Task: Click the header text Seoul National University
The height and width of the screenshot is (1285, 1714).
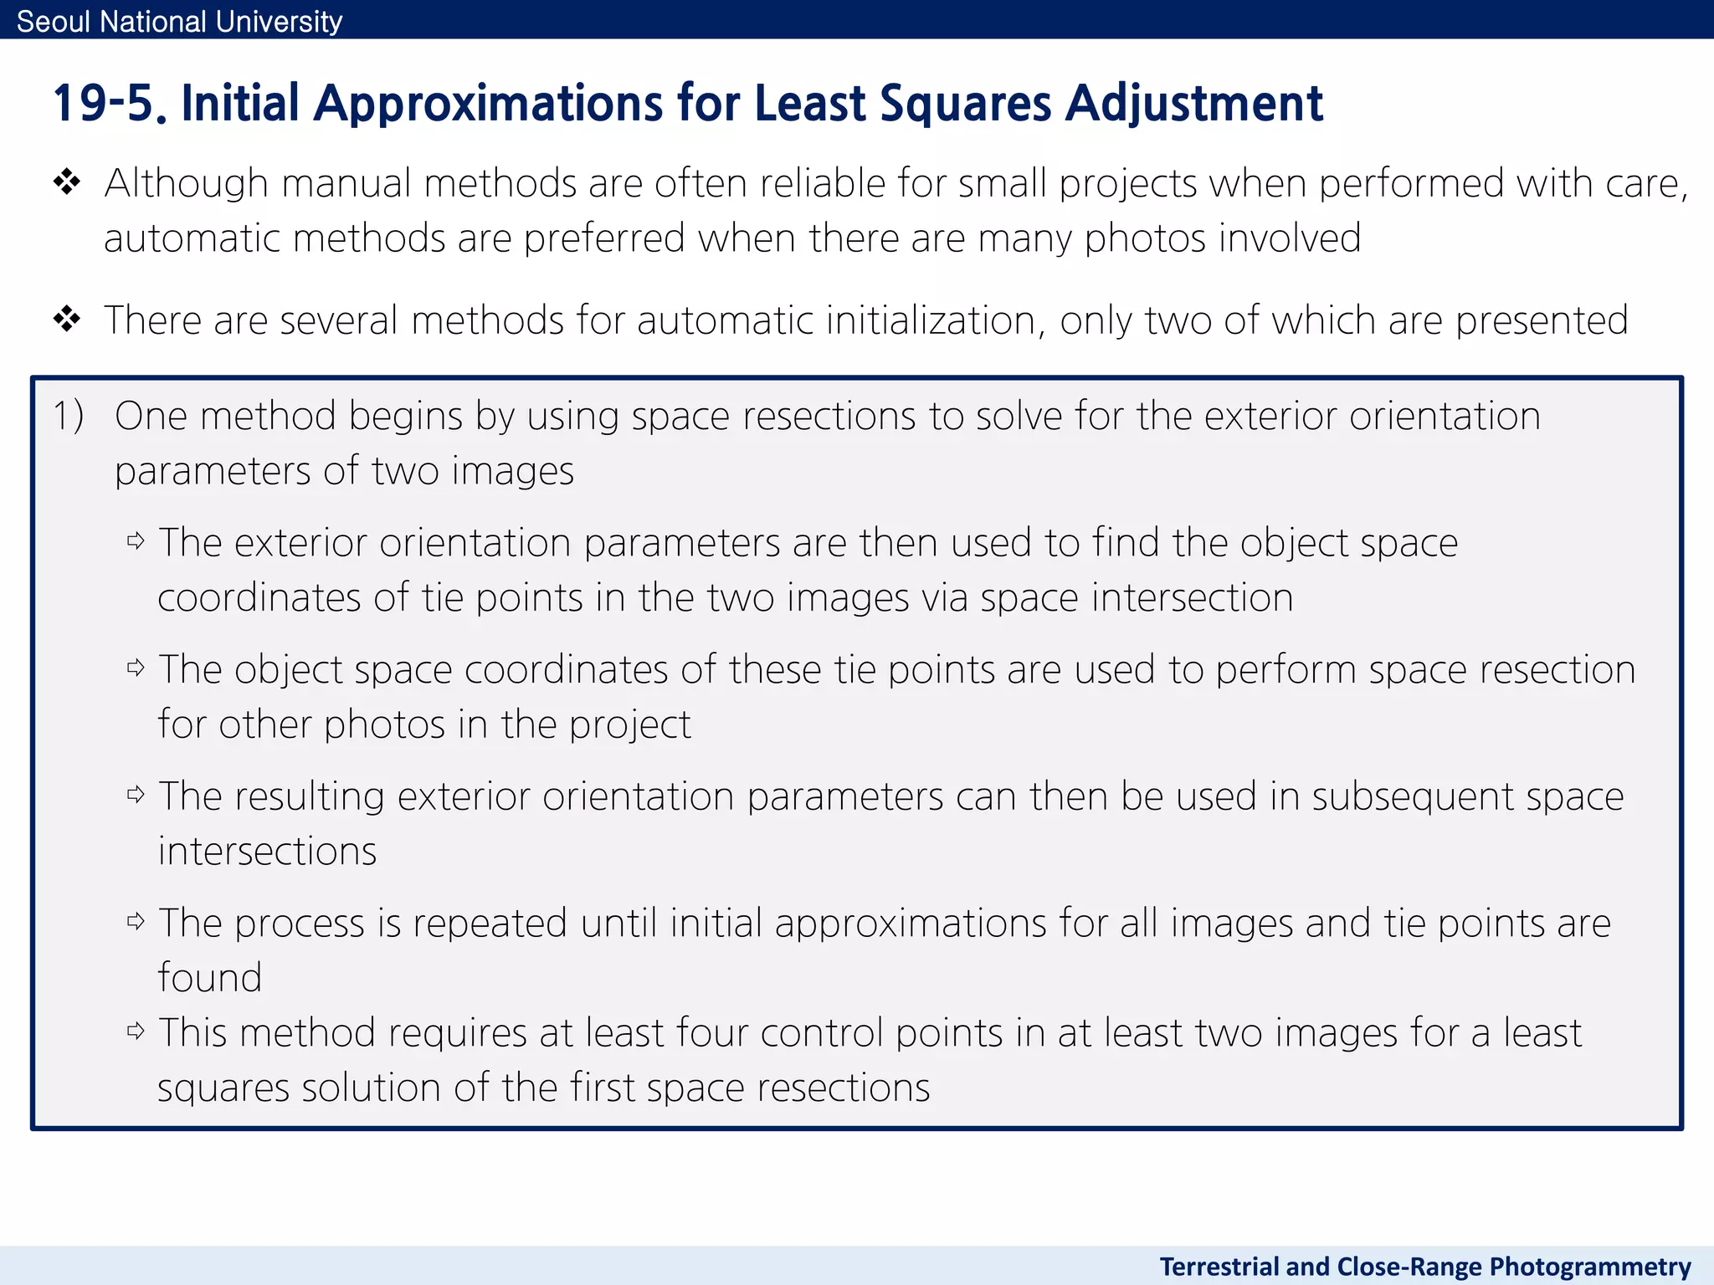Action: pos(179,21)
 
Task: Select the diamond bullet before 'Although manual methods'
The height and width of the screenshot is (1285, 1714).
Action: pos(66,182)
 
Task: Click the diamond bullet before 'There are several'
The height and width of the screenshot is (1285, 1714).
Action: pos(66,319)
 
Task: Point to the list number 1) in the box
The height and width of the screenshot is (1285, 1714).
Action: pos(69,416)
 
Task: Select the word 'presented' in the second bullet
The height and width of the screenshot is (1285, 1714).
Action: pos(1542,320)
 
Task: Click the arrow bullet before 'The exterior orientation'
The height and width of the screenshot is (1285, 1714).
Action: pos(136,541)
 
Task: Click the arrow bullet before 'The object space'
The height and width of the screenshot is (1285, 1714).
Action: pos(136,668)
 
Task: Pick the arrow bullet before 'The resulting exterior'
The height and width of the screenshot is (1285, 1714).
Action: pos(136,794)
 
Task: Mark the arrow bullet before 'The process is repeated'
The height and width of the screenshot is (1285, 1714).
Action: pos(136,921)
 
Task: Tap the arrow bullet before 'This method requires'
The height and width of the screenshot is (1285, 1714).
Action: pos(136,1031)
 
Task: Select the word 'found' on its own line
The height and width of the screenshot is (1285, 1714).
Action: pos(209,977)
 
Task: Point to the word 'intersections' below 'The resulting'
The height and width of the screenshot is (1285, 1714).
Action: pos(267,851)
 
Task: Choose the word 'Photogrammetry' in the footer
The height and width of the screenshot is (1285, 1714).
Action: pos(1590,1267)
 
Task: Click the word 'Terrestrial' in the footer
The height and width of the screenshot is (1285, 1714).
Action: pos(1219,1267)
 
